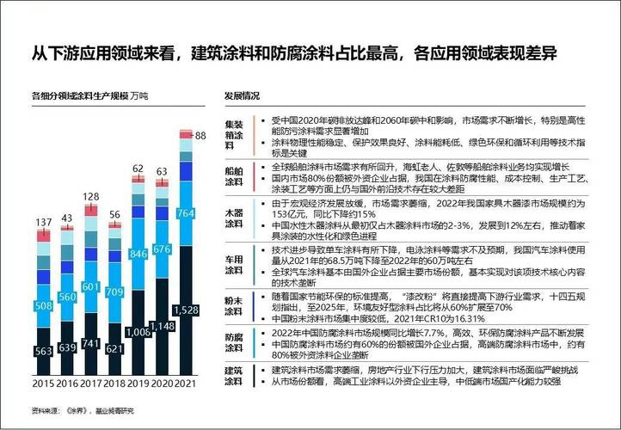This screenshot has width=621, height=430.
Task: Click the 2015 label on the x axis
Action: point(43,384)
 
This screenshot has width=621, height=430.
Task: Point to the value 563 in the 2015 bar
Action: point(43,351)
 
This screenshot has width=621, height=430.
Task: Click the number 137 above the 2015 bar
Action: point(43,223)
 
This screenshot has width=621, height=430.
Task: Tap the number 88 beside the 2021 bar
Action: point(201,136)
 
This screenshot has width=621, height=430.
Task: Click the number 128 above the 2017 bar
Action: point(91,197)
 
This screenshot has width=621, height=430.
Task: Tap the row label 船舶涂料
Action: point(234,176)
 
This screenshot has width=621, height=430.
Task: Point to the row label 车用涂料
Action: point(234,264)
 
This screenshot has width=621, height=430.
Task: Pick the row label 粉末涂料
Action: point(234,306)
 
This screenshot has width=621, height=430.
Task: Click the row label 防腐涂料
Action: point(234,342)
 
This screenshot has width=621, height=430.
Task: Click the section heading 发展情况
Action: point(242,96)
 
